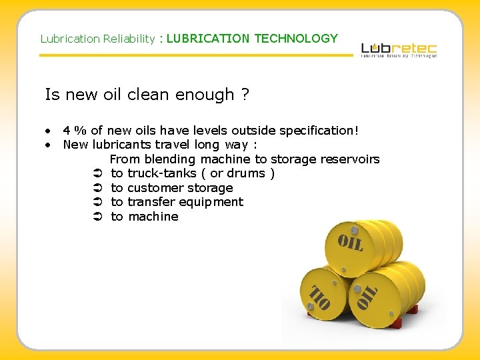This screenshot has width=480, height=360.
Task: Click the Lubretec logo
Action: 399,49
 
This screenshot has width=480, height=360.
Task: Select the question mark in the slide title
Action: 245,95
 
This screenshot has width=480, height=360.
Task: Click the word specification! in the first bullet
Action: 316,131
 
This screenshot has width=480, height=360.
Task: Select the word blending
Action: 169,159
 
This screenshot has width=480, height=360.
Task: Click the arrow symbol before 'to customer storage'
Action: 97,188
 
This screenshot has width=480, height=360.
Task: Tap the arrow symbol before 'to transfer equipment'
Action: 97,202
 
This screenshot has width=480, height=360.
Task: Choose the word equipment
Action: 215,202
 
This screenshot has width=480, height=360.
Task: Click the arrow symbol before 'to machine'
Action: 97,217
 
